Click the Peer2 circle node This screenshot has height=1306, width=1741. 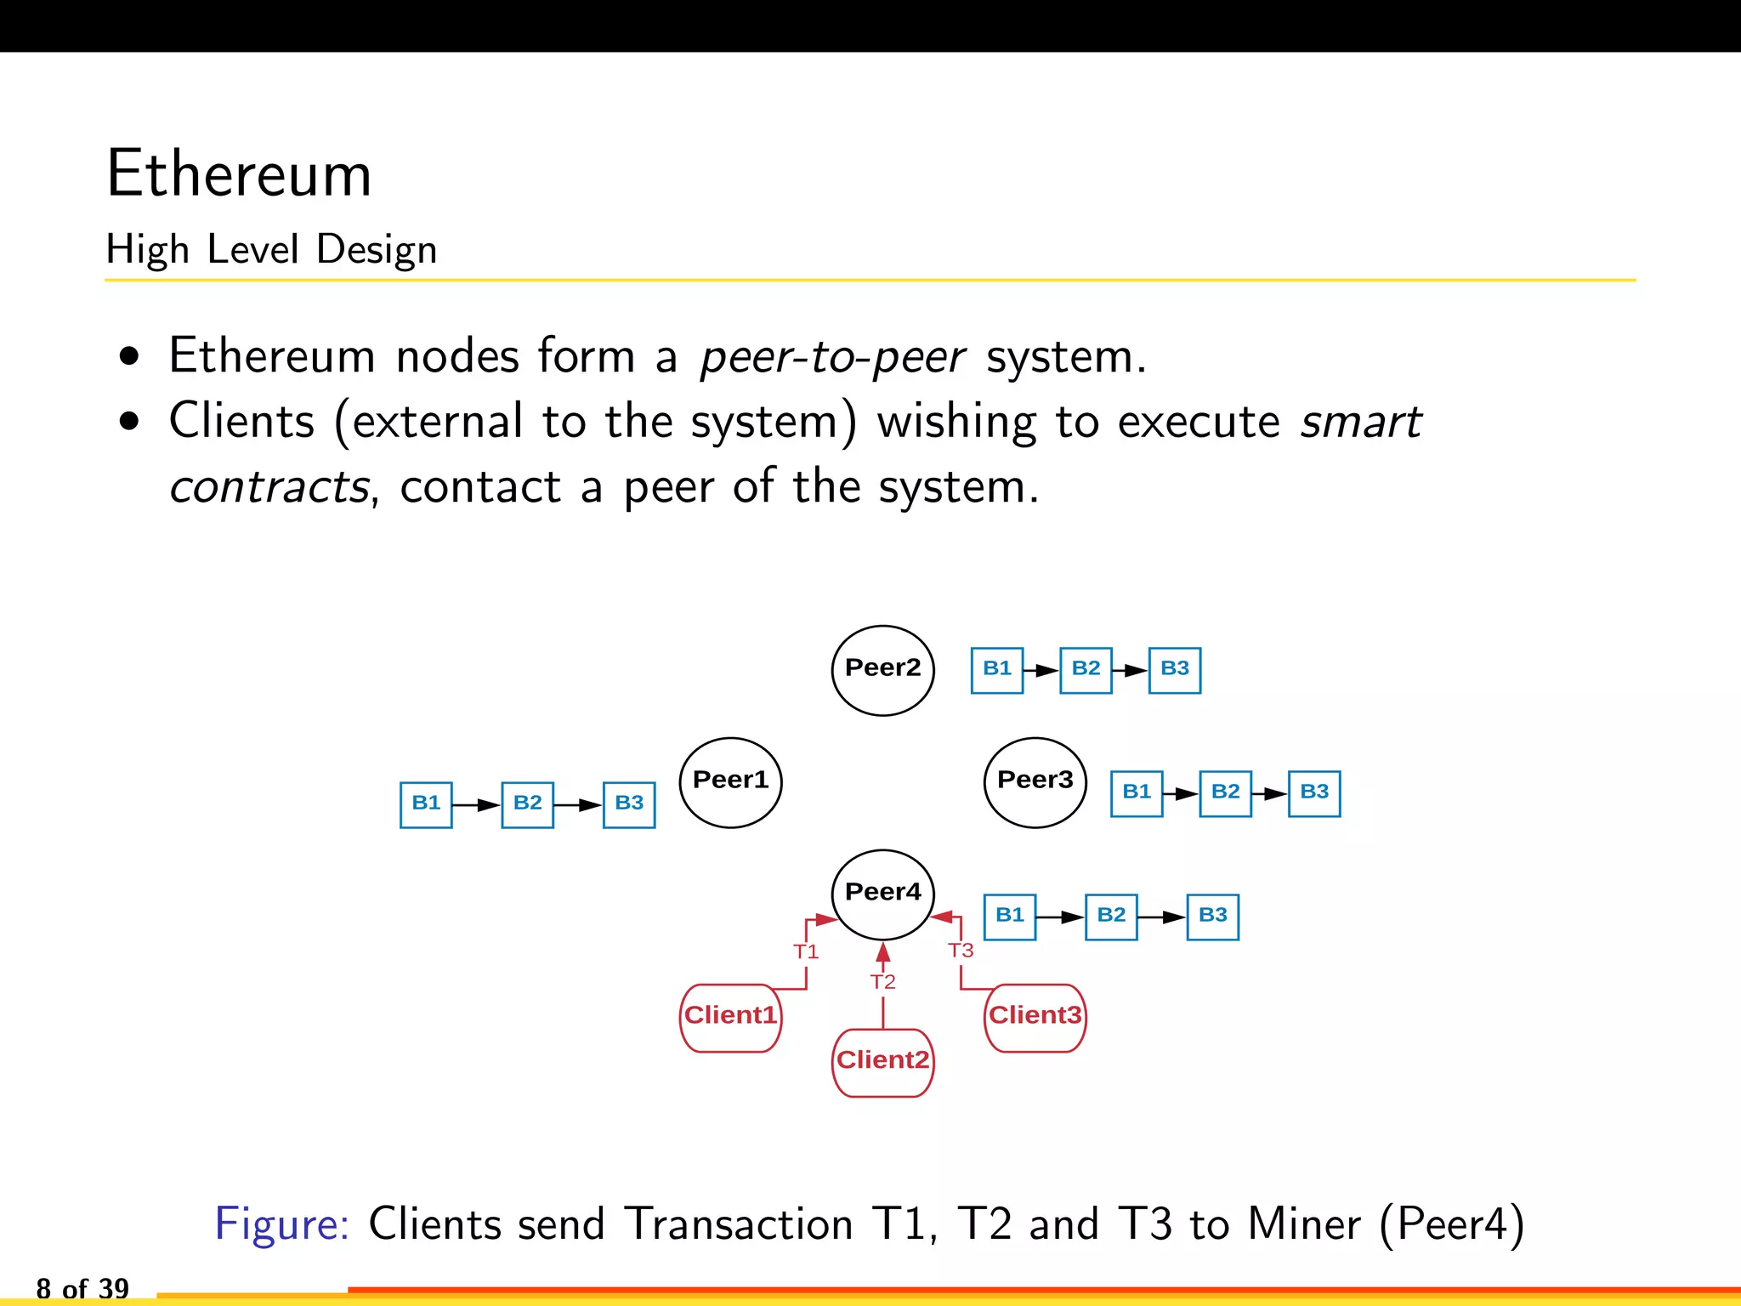coord(882,670)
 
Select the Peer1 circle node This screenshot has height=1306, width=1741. coord(730,782)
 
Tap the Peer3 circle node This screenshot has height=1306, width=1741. coord(1035,782)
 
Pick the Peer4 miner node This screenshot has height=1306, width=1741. coord(882,894)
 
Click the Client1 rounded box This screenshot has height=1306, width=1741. coord(730,1018)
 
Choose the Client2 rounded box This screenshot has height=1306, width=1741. coord(882,1062)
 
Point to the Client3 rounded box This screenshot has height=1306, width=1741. coord(1035,1018)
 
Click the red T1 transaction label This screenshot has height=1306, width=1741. coord(806,951)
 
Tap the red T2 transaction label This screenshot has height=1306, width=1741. coord(882,982)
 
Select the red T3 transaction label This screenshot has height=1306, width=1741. coord(961,951)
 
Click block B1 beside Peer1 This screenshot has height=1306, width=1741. coord(426,804)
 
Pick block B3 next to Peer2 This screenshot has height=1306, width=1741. coord(1174,670)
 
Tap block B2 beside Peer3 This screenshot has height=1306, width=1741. coord(1225,793)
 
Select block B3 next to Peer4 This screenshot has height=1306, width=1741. coord(1212,917)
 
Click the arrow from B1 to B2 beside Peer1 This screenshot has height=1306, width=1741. coord(476,804)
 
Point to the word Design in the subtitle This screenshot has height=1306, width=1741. coord(376,250)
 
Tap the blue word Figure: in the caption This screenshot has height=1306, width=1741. coord(281,1224)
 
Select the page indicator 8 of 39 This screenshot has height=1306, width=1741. coord(82,1289)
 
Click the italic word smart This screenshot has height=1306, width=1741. coord(1360,422)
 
